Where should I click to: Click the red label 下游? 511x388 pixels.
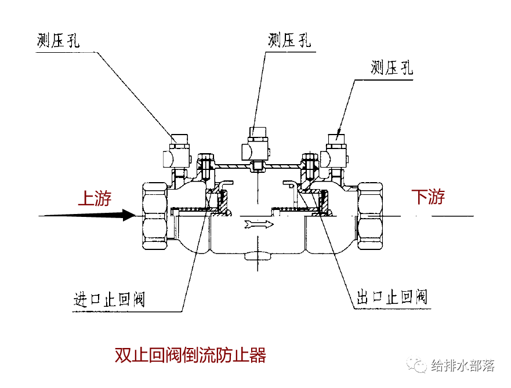point(428,197)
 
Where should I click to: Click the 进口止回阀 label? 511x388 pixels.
point(109,300)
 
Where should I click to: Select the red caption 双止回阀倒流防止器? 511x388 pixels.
point(190,355)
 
